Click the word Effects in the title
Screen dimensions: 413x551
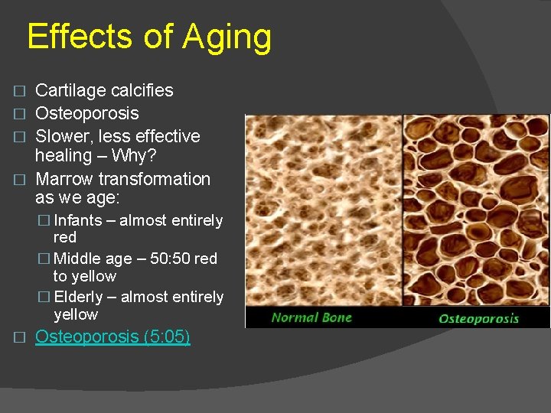[83, 37]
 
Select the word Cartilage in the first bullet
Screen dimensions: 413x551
[70, 90]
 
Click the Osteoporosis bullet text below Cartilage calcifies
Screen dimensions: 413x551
[87, 113]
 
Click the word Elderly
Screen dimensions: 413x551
[80, 297]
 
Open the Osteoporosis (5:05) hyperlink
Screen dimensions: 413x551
[112, 337]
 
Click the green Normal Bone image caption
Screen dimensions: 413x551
[311, 317]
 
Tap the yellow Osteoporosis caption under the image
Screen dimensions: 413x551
[478, 318]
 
